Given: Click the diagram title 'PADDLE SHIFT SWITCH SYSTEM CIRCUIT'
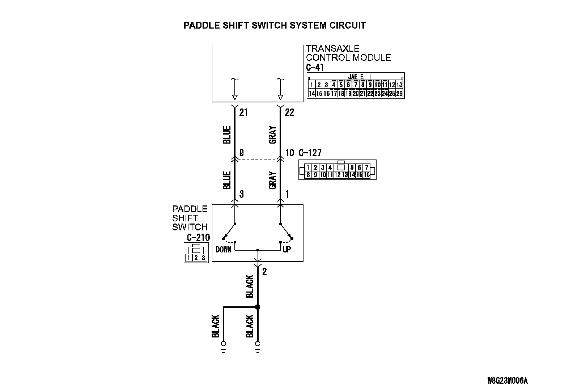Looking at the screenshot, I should coord(275,25).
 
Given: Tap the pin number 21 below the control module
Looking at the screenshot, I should coord(243,112).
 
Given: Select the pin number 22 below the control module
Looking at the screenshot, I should coord(289,112).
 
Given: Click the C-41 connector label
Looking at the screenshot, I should coord(315,67).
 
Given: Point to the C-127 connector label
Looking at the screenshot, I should coord(310,153).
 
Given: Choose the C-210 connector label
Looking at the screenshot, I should coord(198,238).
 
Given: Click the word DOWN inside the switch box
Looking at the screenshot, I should coord(223,249).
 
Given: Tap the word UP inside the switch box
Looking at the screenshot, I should coord(286,249).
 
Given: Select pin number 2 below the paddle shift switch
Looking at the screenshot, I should coord(264,272).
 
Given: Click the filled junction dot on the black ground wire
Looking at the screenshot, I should coord(258,307).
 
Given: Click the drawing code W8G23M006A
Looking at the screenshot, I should coord(507,380).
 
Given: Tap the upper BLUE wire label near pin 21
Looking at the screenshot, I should coord(227,135).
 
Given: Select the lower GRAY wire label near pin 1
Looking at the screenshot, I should coord(273,180).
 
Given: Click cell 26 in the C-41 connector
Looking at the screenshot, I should coord(399,93).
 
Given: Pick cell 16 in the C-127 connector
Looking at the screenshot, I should coord(366,175).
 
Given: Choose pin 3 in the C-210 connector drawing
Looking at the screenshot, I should coord(203,258).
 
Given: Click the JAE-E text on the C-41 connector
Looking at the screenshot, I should coord(355,77).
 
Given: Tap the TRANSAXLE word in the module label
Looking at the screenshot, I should coord(333,48).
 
